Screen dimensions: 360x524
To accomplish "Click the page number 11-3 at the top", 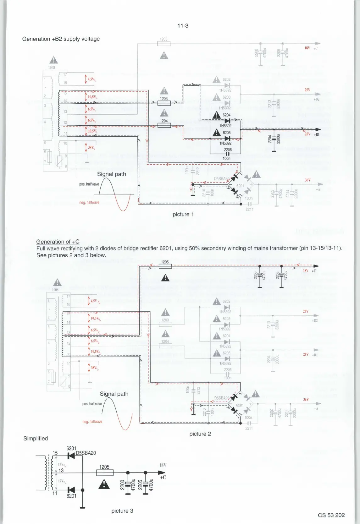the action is (183, 26).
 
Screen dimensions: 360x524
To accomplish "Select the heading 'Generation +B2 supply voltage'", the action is (61, 39).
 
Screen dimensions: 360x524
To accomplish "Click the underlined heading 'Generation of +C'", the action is (58, 242).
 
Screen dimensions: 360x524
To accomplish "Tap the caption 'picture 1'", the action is (183, 214).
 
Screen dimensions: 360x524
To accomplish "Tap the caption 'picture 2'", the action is (200, 434).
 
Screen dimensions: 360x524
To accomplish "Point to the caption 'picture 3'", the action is (122, 511).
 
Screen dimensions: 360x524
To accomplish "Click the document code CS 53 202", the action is (331, 515).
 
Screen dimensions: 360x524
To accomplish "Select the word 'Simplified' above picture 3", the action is (36, 439).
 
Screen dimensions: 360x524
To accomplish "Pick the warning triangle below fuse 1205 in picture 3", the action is (104, 485).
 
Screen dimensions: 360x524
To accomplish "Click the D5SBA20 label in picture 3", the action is (86, 453).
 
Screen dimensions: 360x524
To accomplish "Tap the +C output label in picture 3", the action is (163, 477).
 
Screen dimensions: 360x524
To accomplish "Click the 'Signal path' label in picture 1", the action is (111, 174).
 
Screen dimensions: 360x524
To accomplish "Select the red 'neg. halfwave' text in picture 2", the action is (92, 422).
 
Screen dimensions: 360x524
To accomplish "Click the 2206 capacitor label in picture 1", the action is (228, 150).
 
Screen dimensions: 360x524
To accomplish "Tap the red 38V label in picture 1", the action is (91, 147).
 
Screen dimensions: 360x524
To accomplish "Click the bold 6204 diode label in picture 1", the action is (226, 115).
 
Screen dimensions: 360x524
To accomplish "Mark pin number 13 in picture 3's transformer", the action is (61, 470).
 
